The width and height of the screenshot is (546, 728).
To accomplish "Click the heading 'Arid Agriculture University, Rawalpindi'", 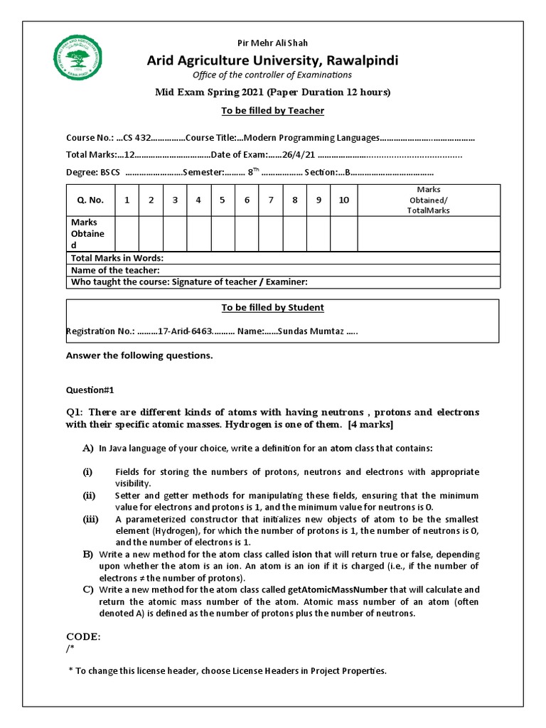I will click(x=272, y=60).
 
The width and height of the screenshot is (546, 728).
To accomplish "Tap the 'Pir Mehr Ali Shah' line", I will click(x=272, y=43).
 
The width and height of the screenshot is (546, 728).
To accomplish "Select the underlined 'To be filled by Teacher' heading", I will click(x=272, y=110).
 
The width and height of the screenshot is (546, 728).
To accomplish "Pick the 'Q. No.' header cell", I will click(x=90, y=200).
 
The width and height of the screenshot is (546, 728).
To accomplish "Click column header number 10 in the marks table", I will click(x=343, y=200).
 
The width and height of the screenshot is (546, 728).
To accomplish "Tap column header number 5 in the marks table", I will click(x=223, y=200).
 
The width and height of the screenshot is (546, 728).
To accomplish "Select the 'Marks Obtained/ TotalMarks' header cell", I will click(x=428, y=200).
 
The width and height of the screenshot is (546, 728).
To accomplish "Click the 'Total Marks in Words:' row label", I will click(x=117, y=258).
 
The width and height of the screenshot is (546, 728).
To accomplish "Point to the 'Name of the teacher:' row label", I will click(x=115, y=270).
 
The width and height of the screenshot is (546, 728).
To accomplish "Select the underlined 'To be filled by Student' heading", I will click(x=272, y=308).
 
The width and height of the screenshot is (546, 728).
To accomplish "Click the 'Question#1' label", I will click(x=90, y=390).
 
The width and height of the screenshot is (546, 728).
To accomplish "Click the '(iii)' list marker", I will click(x=90, y=520).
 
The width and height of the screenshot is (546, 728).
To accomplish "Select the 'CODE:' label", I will click(x=83, y=636).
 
